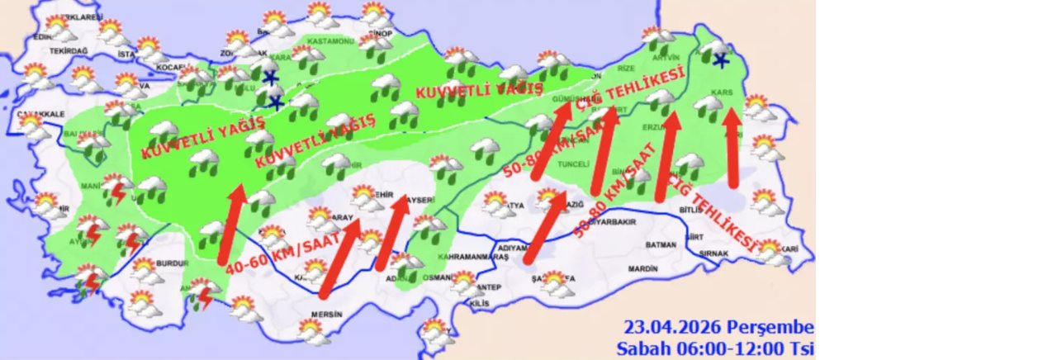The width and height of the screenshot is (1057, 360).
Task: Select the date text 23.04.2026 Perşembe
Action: (718, 327)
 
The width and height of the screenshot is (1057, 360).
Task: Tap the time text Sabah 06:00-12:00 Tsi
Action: (715, 348)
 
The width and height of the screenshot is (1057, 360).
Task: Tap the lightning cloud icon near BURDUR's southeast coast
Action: (203, 291)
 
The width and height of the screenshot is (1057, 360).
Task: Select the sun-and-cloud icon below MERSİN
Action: (312, 331)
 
